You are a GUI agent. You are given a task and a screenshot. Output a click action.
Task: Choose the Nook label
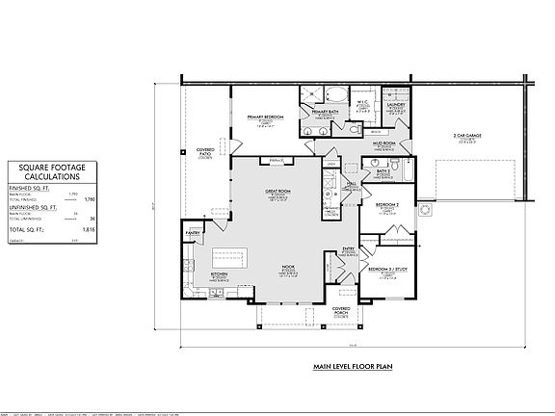(287, 267)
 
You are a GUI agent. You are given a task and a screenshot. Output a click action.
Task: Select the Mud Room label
(385, 143)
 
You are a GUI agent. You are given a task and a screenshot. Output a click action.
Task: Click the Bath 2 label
(385, 169)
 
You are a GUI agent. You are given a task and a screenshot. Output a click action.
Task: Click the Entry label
(349, 247)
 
